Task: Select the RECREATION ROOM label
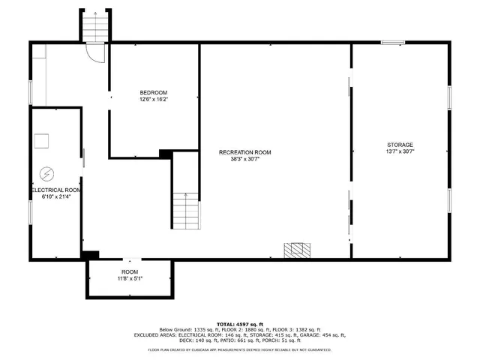tap(244, 152)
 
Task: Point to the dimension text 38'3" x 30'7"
tap(244, 159)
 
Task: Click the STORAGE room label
tap(399, 145)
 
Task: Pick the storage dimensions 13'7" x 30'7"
tap(399, 151)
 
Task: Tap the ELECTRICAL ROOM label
tap(55, 190)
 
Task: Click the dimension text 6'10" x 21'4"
tap(55, 197)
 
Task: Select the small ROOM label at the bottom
tap(130, 271)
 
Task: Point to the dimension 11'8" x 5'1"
tap(130, 278)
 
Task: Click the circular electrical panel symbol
tap(46, 173)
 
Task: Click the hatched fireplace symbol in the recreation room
tap(296, 250)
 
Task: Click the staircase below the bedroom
tap(186, 211)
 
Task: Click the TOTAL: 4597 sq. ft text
tap(239, 323)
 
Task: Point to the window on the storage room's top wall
tap(393, 43)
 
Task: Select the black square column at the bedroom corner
tap(166, 154)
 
